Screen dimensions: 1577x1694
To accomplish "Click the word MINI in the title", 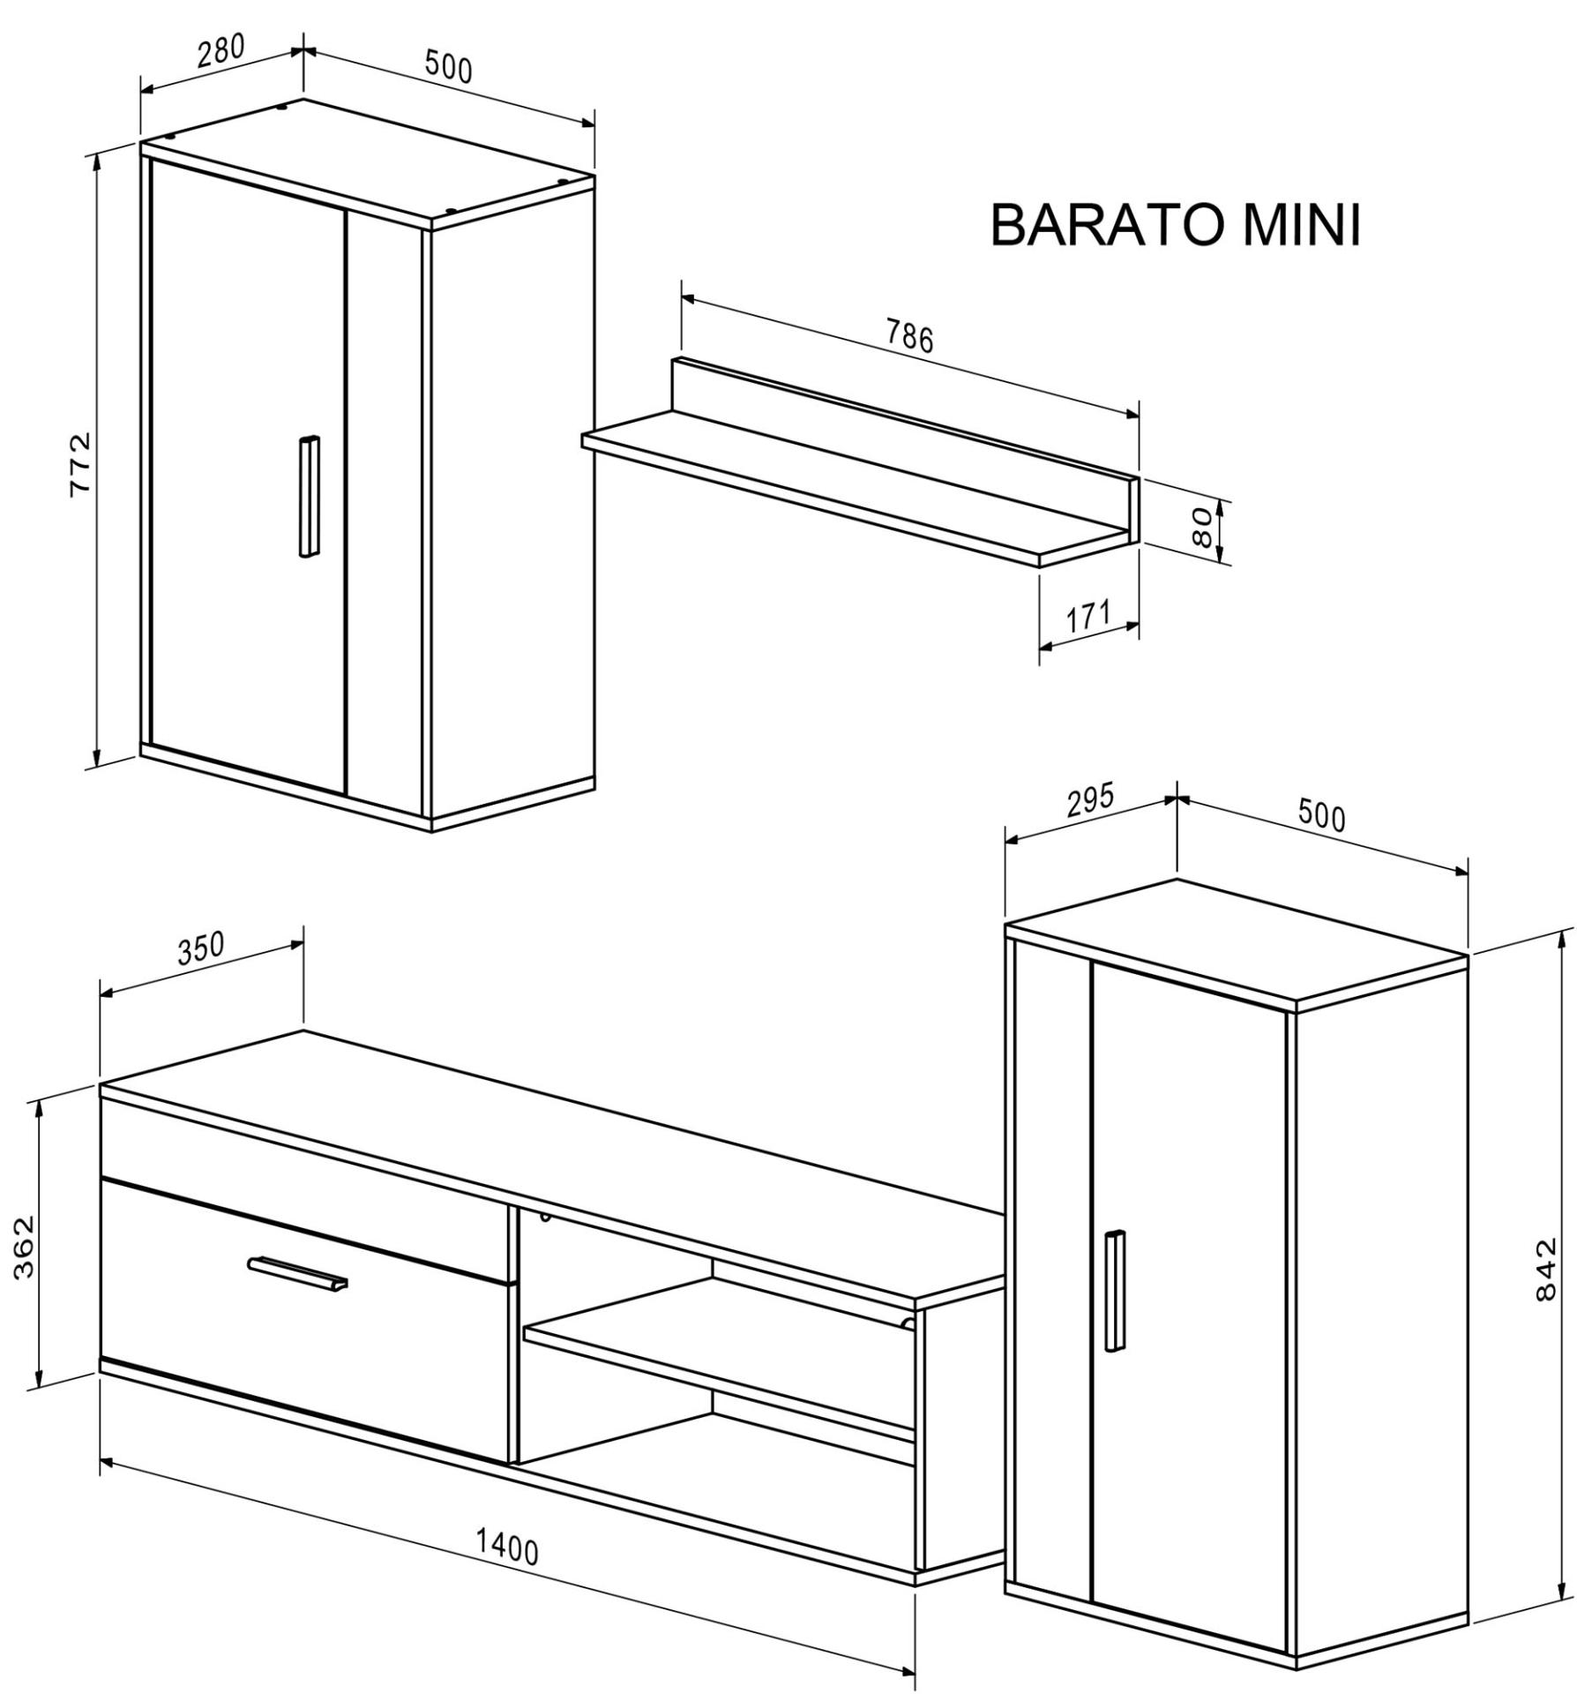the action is pyautogui.click(x=1302, y=225).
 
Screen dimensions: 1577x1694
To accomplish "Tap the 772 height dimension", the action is pyautogui.click(x=81, y=465).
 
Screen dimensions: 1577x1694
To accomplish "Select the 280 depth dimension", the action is pyautogui.click(x=220, y=50).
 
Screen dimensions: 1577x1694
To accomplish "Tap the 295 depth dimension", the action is pyautogui.click(x=1090, y=800).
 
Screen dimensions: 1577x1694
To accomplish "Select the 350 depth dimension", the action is pyautogui.click(x=202, y=948).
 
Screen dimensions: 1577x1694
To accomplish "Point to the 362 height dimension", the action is pyautogui.click(x=24, y=1247).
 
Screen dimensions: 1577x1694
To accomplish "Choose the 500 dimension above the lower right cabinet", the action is pyautogui.click(x=1321, y=816).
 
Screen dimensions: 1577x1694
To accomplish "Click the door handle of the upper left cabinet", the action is pyautogui.click(x=309, y=497).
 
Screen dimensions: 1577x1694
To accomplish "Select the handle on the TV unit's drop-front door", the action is pyautogui.click(x=298, y=1273).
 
